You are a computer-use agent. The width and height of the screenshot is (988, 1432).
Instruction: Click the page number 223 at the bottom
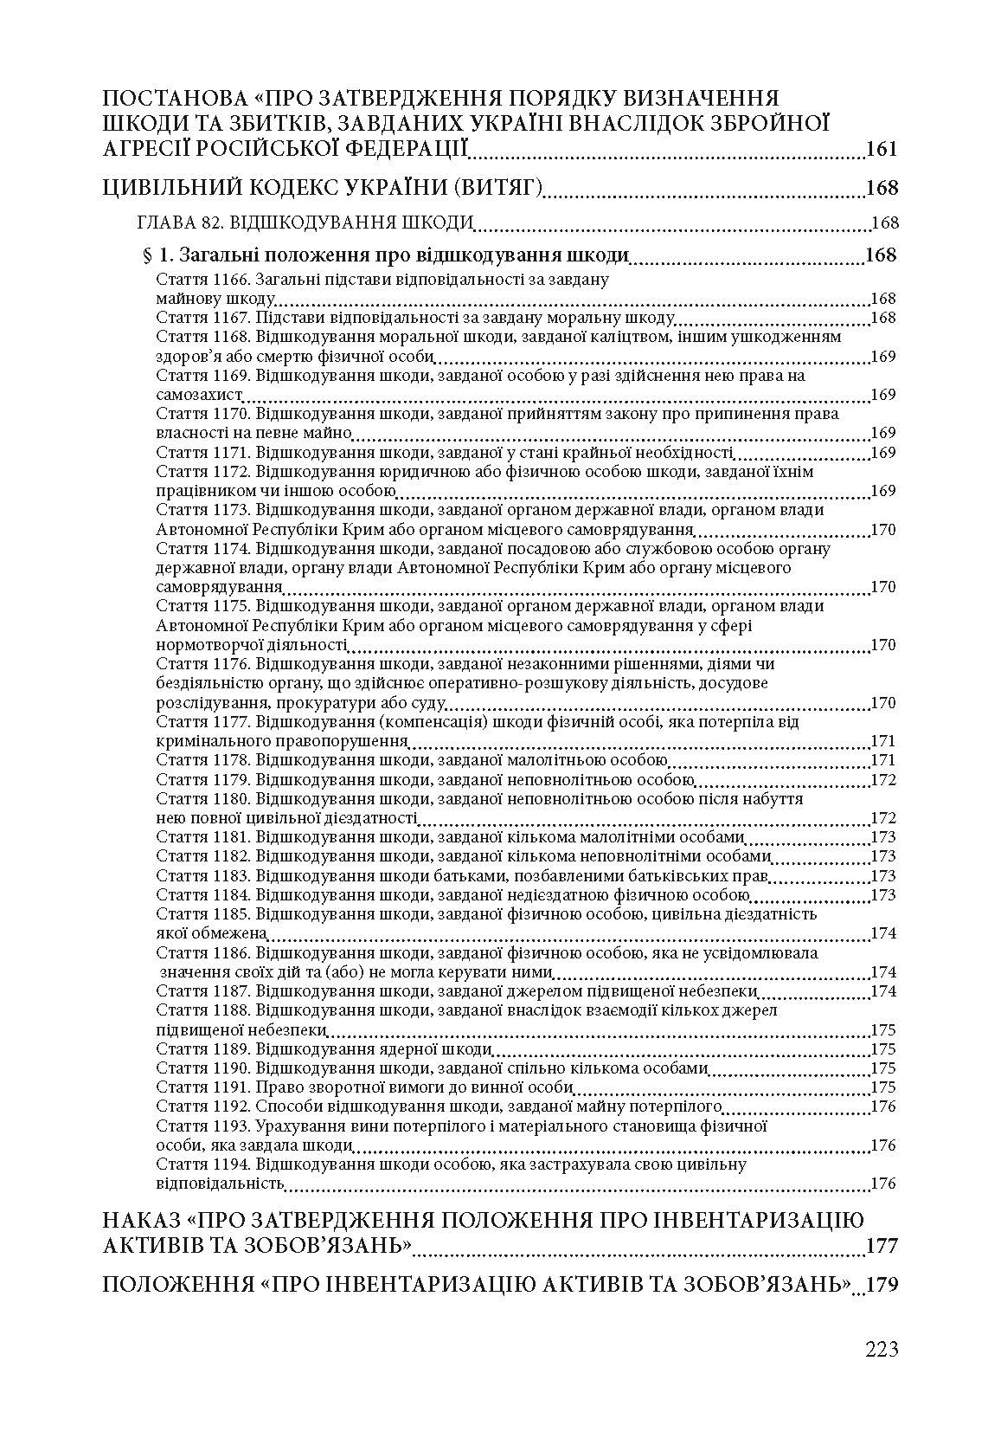(881, 1349)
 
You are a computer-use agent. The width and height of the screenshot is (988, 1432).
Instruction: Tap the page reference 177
(882, 1246)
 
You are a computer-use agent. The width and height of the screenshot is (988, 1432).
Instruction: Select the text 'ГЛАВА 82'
(178, 223)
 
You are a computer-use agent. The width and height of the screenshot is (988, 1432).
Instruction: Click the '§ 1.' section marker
(157, 255)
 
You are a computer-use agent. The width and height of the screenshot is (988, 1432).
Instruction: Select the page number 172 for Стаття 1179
(883, 780)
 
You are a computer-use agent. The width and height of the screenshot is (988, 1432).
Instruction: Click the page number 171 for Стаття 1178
(883, 760)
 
